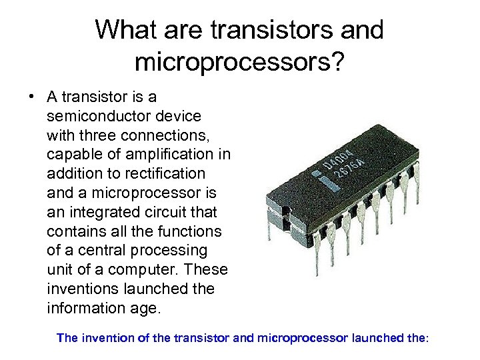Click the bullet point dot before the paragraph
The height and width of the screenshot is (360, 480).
pyautogui.click(x=31, y=97)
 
